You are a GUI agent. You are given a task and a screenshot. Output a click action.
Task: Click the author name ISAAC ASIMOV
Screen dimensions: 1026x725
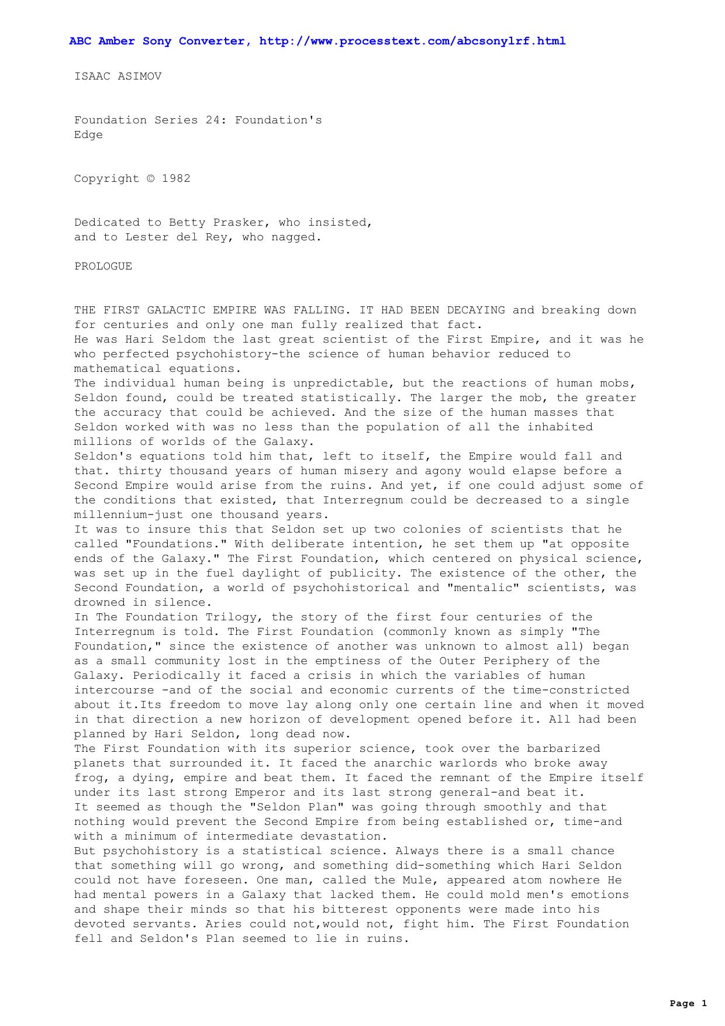118,77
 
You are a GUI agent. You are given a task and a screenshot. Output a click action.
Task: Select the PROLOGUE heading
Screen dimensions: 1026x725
103,267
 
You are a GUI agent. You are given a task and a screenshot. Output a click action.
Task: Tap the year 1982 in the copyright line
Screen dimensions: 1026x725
176,179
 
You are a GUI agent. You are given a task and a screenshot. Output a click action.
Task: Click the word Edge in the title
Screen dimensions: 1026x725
88,135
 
